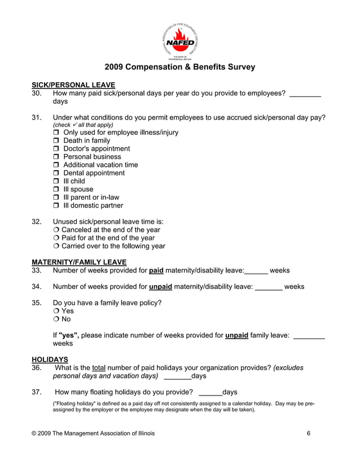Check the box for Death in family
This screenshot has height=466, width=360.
56,141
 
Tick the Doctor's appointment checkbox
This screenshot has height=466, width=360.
56,149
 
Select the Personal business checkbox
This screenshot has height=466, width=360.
56,157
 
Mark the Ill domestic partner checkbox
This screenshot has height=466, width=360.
56,206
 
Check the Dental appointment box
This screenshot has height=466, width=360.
56,173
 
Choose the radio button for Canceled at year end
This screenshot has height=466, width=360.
56,230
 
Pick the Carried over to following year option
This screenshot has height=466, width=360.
56,247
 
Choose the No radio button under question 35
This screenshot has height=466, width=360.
56,319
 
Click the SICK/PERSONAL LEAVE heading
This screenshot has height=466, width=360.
73,85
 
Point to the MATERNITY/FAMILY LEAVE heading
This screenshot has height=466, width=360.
79,262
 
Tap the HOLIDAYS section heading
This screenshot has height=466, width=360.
50,359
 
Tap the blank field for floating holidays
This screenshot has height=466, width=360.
210,392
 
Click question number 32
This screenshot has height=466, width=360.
37,222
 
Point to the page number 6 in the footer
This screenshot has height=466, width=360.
309,433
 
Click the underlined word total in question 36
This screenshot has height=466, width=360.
99,368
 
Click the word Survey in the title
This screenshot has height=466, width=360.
240,67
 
